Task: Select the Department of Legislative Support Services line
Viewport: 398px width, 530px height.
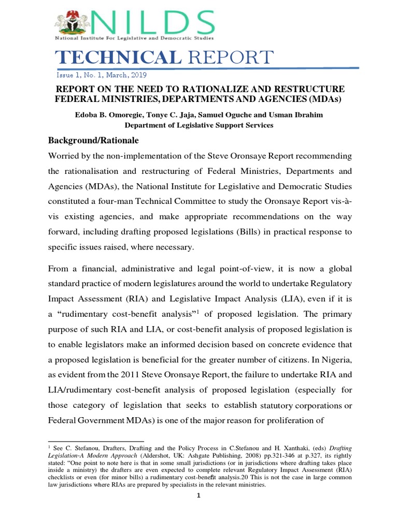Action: click(x=199, y=125)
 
